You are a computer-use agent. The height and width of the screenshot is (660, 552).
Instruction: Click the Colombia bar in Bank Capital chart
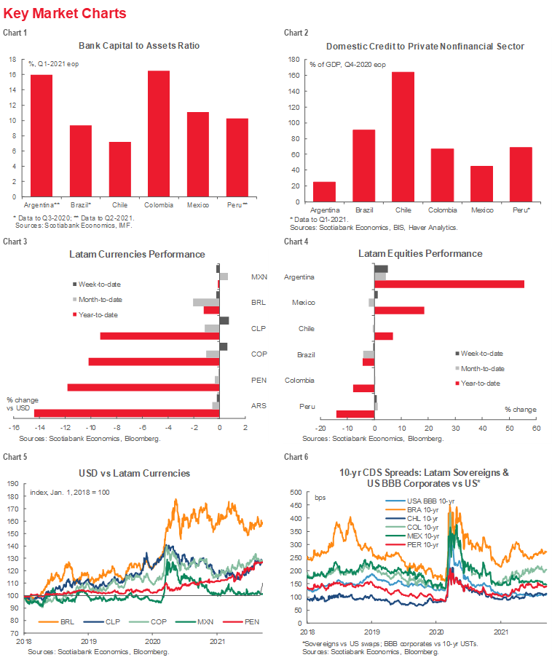pyautogui.click(x=158, y=134)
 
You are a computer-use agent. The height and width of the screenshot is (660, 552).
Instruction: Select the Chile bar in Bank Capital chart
pyautogui.click(x=119, y=170)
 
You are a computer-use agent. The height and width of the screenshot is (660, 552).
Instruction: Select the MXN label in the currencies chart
pyautogui.click(x=259, y=277)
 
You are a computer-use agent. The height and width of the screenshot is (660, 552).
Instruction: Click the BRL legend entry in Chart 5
pyautogui.click(x=66, y=624)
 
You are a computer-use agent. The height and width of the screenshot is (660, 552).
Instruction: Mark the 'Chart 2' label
pyautogui.click(x=296, y=33)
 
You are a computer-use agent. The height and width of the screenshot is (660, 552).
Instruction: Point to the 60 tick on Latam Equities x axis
pyautogui.click(x=535, y=428)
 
